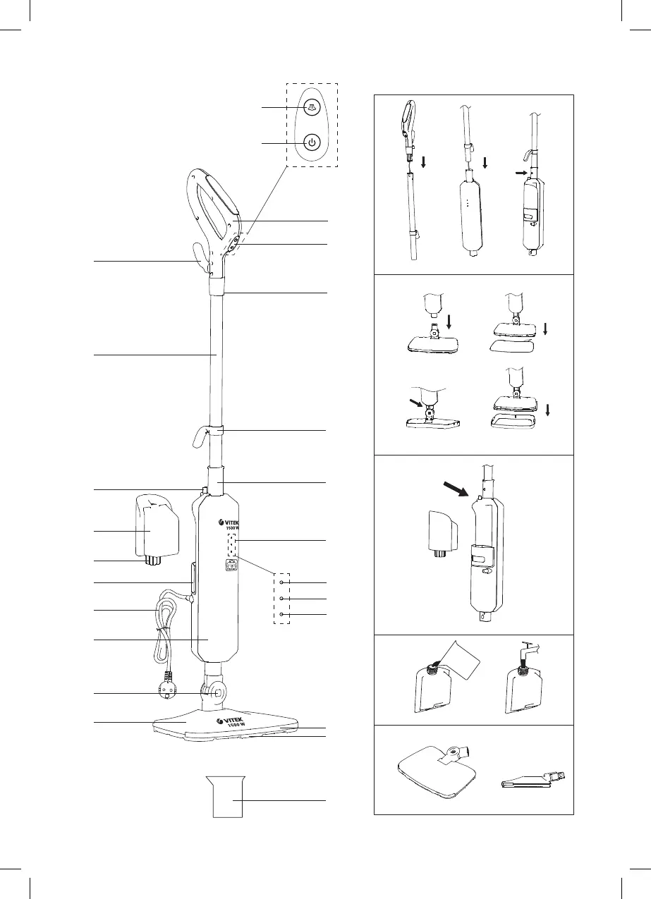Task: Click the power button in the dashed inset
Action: (311, 143)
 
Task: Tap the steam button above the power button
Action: (311, 106)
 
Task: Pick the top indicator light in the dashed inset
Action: (281, 583)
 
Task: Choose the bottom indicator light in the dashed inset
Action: (281, 615)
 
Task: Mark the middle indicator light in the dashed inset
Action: (281, 599)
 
